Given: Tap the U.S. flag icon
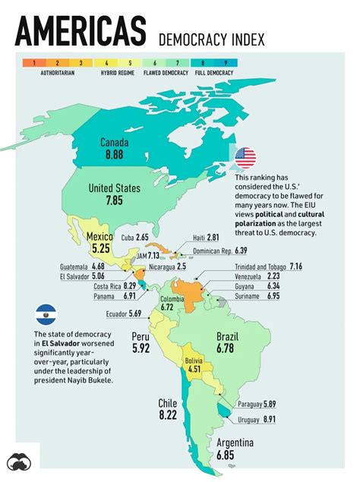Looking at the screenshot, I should click(245, 158).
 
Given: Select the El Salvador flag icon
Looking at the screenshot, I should click(47, 314).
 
